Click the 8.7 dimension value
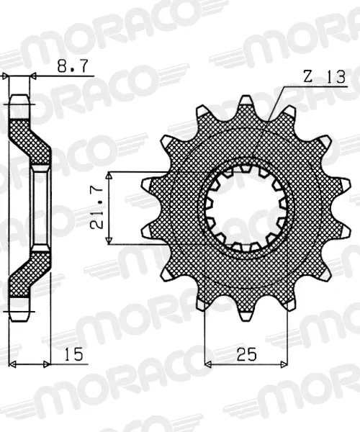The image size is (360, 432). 73,66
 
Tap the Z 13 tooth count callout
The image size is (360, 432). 324,76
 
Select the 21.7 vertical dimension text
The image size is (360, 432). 96,209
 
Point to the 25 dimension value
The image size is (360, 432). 246,354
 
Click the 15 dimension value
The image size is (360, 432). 73,354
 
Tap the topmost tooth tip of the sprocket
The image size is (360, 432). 246,97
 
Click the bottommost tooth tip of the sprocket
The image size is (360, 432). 246,319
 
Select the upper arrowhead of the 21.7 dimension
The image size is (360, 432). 109,176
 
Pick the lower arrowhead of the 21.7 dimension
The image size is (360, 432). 109,240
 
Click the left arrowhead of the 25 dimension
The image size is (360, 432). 207,364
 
